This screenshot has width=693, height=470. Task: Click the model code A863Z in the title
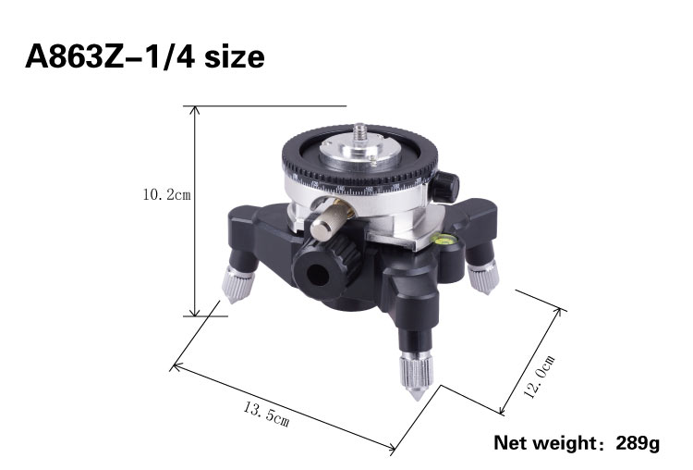point(75,57)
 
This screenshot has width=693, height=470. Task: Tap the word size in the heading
point(235,57)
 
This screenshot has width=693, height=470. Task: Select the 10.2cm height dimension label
point(166,194)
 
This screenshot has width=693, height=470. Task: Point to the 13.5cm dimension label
point(266,414)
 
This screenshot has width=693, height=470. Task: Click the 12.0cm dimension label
point(540,377)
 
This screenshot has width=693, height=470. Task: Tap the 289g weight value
point(638,443)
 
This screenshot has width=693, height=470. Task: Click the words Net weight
point(545,443)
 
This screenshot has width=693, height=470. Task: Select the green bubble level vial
point(442,240)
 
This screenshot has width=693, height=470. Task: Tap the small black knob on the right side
point(444,185)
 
